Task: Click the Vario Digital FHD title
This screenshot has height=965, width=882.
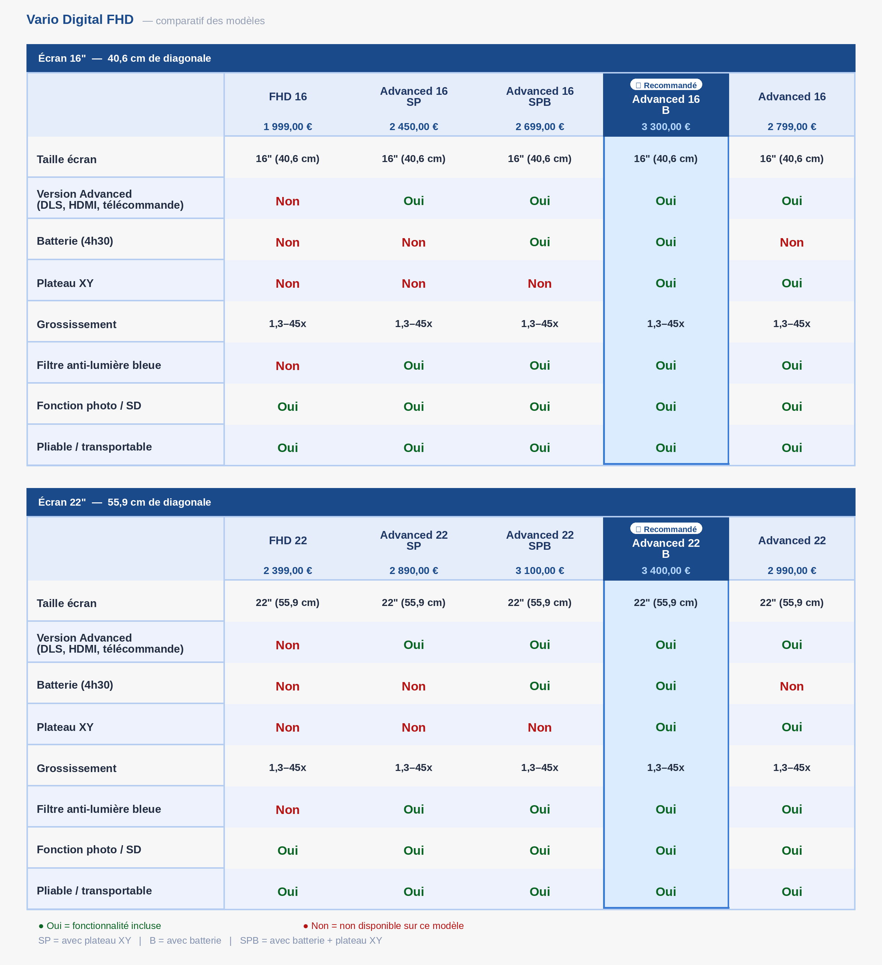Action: (x=80, y=19)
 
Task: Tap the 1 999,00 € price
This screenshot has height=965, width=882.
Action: (x=287, y=127)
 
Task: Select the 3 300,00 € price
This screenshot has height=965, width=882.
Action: (x=666, y=127)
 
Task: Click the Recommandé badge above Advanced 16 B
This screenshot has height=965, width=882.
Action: (x=666, y=85)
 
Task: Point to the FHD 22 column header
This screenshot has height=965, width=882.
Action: (x=287, y=541)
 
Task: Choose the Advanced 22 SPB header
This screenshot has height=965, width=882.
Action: (x=539, y=541)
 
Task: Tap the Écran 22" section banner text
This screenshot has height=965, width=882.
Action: (x=125, y=502)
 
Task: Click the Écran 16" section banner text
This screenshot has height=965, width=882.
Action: (x=125, y=58)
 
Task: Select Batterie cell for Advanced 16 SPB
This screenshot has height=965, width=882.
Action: (x=539, y=242)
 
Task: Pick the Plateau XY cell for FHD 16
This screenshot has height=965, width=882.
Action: (x=287, y=283)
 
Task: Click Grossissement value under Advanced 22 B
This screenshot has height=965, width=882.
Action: (x=666, y=768)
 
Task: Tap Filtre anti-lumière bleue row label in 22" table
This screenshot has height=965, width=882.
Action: (x=98, y=809)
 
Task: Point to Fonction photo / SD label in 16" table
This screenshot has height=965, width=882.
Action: (x=89, y=406)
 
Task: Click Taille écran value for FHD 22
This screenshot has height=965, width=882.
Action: (x=287, y=603)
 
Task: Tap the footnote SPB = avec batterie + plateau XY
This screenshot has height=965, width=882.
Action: (x=311, y=941)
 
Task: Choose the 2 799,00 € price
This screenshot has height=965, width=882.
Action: (x=792, y=127)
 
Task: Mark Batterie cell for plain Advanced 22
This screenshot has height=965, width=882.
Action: (x=792, y=686)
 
